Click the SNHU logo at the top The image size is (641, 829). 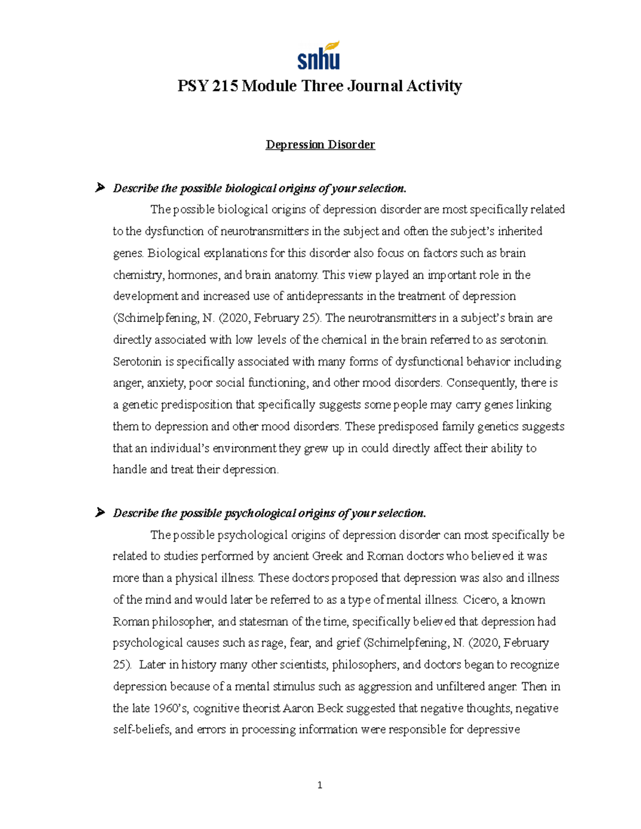319,56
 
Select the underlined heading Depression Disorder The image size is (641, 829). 320,145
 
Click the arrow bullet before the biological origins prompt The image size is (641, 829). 99,188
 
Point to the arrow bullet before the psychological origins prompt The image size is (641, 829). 99,513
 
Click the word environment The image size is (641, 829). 243,448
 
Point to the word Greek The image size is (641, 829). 327,556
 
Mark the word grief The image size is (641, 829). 348,643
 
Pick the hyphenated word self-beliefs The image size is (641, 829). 142,730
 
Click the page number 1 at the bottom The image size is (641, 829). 319,785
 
